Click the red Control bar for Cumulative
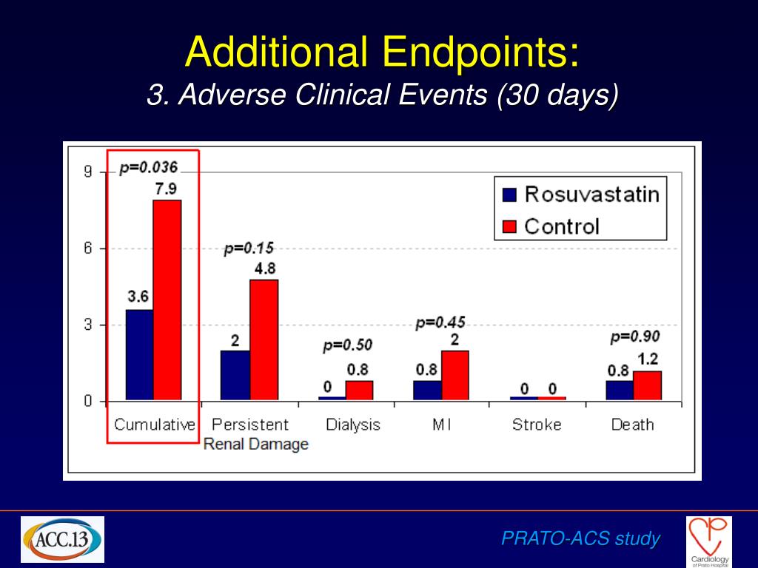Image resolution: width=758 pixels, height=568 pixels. pos(167,300)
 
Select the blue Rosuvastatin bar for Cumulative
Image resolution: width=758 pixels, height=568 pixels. pos(139,355)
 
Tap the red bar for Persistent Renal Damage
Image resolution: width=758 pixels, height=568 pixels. pos(264,339)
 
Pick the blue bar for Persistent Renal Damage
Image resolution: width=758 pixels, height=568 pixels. pos(236,375)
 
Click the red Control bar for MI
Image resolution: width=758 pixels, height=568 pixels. pos(455,375)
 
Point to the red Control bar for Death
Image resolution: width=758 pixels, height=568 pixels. pos(648,385)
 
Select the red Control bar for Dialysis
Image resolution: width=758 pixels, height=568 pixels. pos(359,390)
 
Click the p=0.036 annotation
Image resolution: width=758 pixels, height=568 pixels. pos(149,168)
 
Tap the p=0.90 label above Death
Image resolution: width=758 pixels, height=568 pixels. pos(635,337)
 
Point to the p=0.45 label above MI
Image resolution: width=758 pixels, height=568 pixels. pos(440,322)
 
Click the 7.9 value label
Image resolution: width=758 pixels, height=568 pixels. pos(165,189)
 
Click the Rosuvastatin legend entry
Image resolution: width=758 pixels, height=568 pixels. pos(580,195)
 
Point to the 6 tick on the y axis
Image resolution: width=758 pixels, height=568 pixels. pos(88,248)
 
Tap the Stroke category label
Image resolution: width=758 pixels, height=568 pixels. pos(537,425)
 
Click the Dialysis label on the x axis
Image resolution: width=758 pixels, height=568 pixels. pos(353,425)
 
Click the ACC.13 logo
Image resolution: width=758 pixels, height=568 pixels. pos(62,540)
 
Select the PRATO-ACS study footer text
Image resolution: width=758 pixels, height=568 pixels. pos(580,538)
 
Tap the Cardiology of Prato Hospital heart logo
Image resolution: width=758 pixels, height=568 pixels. pos(708,539)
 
